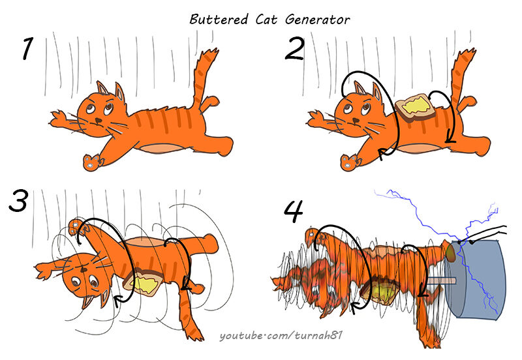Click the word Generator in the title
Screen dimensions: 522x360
click(x=317, y=20)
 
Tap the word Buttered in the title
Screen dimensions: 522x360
click(x=219, y=20)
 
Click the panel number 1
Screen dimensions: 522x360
click(x=28, y=48)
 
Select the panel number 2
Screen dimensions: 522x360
click(x=295, y=48)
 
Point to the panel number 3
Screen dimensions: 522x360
click(x=18, y=201)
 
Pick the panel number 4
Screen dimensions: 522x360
click(x=294, y=211)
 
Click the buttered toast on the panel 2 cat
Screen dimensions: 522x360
click(x=415, y=107)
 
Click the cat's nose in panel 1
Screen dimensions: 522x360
click(x=99, y=120)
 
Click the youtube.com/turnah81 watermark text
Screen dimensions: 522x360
click(x=281, y=335)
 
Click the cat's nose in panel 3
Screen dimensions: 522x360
click(x=84, y=269)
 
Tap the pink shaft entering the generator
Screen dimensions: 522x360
click(x=440, y=281)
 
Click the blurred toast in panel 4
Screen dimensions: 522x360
click(x=380, y=292)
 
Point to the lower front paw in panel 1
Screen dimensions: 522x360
click(x=91, y=162)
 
